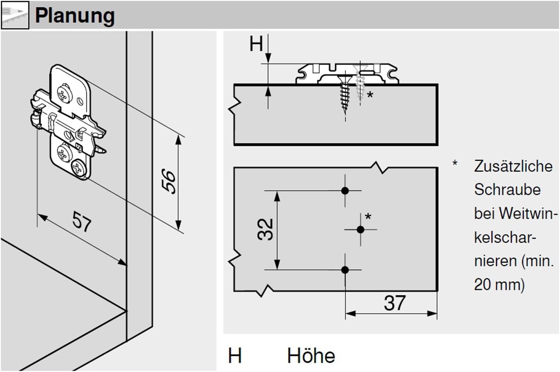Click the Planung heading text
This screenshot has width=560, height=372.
[75, 16]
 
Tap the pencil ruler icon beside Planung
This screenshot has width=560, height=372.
[15, 15]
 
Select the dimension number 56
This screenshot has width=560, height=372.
[169, 181]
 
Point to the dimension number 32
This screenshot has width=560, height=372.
[265, 229]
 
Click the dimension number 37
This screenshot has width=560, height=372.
[394, 303]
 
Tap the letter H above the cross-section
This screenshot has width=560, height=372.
[256, 44]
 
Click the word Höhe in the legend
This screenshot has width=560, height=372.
[311, 356]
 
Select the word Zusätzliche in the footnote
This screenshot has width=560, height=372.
[513, 166]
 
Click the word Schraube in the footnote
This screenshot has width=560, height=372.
[507, 190]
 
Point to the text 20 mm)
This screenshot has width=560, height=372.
[499, 284]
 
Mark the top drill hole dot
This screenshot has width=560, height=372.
[345, 191]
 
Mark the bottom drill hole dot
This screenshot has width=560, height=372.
[345, 270]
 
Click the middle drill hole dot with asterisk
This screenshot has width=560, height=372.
[360, 230]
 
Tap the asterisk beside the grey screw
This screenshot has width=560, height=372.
[370, 94]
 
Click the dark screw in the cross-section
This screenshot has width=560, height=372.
[345, 94]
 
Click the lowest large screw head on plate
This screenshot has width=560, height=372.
[79, 168]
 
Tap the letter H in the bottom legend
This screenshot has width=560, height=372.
[235, 356]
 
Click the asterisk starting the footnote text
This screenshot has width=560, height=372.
[455, 164]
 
